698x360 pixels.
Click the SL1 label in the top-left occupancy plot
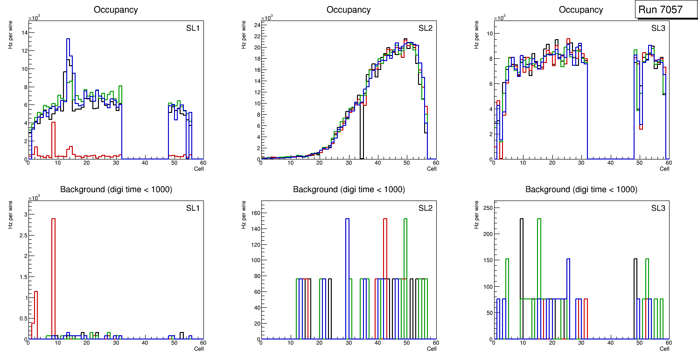pyautogui.click(x=193, y=28)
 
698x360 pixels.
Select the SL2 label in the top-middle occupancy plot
pyautogui.click(x=425, y=28)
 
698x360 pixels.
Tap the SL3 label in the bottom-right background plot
pyautogui.click(x=658, y=208)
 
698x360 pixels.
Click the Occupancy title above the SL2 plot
pyautogui.click(x=349, y=10)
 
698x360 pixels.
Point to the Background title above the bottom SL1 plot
pyautogui.click(x=116, y=189)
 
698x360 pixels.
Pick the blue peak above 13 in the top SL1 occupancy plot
pyautogui.click(x=68, y=39)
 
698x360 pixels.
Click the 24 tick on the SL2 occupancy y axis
pyautogui.click(x=256, y=25)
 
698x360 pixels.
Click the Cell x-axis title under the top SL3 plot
pyautogui.click(x=664, y=169)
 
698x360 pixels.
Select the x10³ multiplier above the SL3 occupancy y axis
pyautogui.click(x=500, y=18)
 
